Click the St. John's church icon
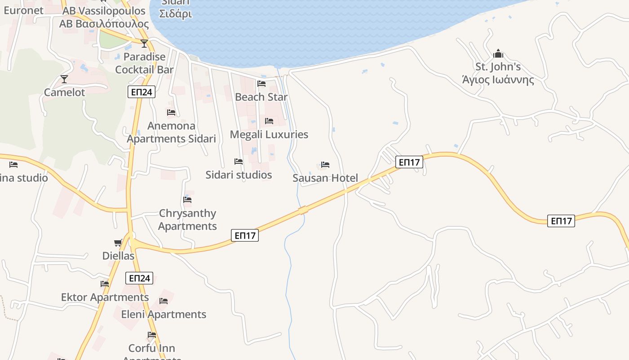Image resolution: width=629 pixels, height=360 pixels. coord(498,54)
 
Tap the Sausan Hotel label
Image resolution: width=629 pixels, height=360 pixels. coord(325,178)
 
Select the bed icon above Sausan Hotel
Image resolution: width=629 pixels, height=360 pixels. coord(325,165)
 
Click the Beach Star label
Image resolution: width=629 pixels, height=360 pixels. coord(261,97)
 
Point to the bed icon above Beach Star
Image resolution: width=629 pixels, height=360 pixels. coord(261,84)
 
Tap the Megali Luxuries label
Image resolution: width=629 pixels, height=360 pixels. coord(269,134)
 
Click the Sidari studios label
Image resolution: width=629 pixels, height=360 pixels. coord(239,175)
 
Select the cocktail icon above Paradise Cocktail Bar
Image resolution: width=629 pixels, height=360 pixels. coord(144,44)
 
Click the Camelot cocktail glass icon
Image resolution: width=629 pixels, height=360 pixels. coord(64,79)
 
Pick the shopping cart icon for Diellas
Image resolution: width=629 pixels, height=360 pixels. coord(118,243)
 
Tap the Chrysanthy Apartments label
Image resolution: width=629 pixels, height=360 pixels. coord(187,219)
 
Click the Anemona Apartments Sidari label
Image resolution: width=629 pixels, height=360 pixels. coord(171,132)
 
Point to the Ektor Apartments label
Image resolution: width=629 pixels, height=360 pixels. coord(105,297)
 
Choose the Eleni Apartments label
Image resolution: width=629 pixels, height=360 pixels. coord(164,314)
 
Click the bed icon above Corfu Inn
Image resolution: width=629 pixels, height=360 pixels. coord(152,335)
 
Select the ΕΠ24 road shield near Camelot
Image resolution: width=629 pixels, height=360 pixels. coord(141,92)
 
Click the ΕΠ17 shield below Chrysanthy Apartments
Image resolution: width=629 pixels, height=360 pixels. coord(245,235)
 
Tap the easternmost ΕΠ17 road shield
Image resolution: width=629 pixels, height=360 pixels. coord(561,221)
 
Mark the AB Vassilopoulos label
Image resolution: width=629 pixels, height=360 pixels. coord(104,11)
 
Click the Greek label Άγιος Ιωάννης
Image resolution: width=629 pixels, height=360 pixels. coord(498,80)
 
